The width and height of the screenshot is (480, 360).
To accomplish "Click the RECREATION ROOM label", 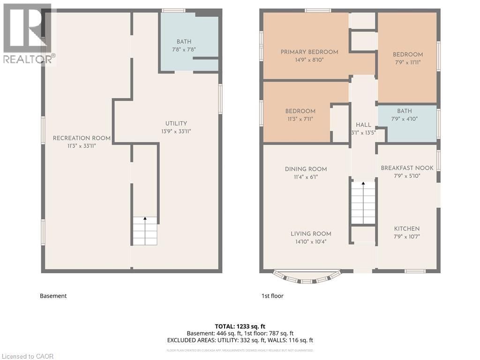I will point(82,138).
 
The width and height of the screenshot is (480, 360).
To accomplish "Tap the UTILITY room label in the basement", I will point(176,123).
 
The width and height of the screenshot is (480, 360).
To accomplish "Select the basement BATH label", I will point(184,42).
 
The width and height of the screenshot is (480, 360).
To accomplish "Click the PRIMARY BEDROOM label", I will point(309,52).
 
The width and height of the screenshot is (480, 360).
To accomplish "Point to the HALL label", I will point(363,125).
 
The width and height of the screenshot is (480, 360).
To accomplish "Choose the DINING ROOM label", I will point(306,169).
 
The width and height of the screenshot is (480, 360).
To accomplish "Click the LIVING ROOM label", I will point(311,233).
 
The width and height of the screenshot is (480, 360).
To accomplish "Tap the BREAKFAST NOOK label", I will point(407,168).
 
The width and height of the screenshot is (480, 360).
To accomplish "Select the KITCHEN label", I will point(406,228).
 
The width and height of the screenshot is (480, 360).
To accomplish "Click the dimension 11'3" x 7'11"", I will point(300,119).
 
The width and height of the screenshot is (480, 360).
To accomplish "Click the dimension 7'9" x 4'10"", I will point(404,119).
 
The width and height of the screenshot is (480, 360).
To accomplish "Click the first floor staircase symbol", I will point(363,202).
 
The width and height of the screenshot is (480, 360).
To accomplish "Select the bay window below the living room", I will point(306,277).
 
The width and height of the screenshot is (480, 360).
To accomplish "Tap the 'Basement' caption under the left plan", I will point(53,296).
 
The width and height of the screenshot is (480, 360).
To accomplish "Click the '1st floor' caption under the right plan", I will point(272,296).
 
